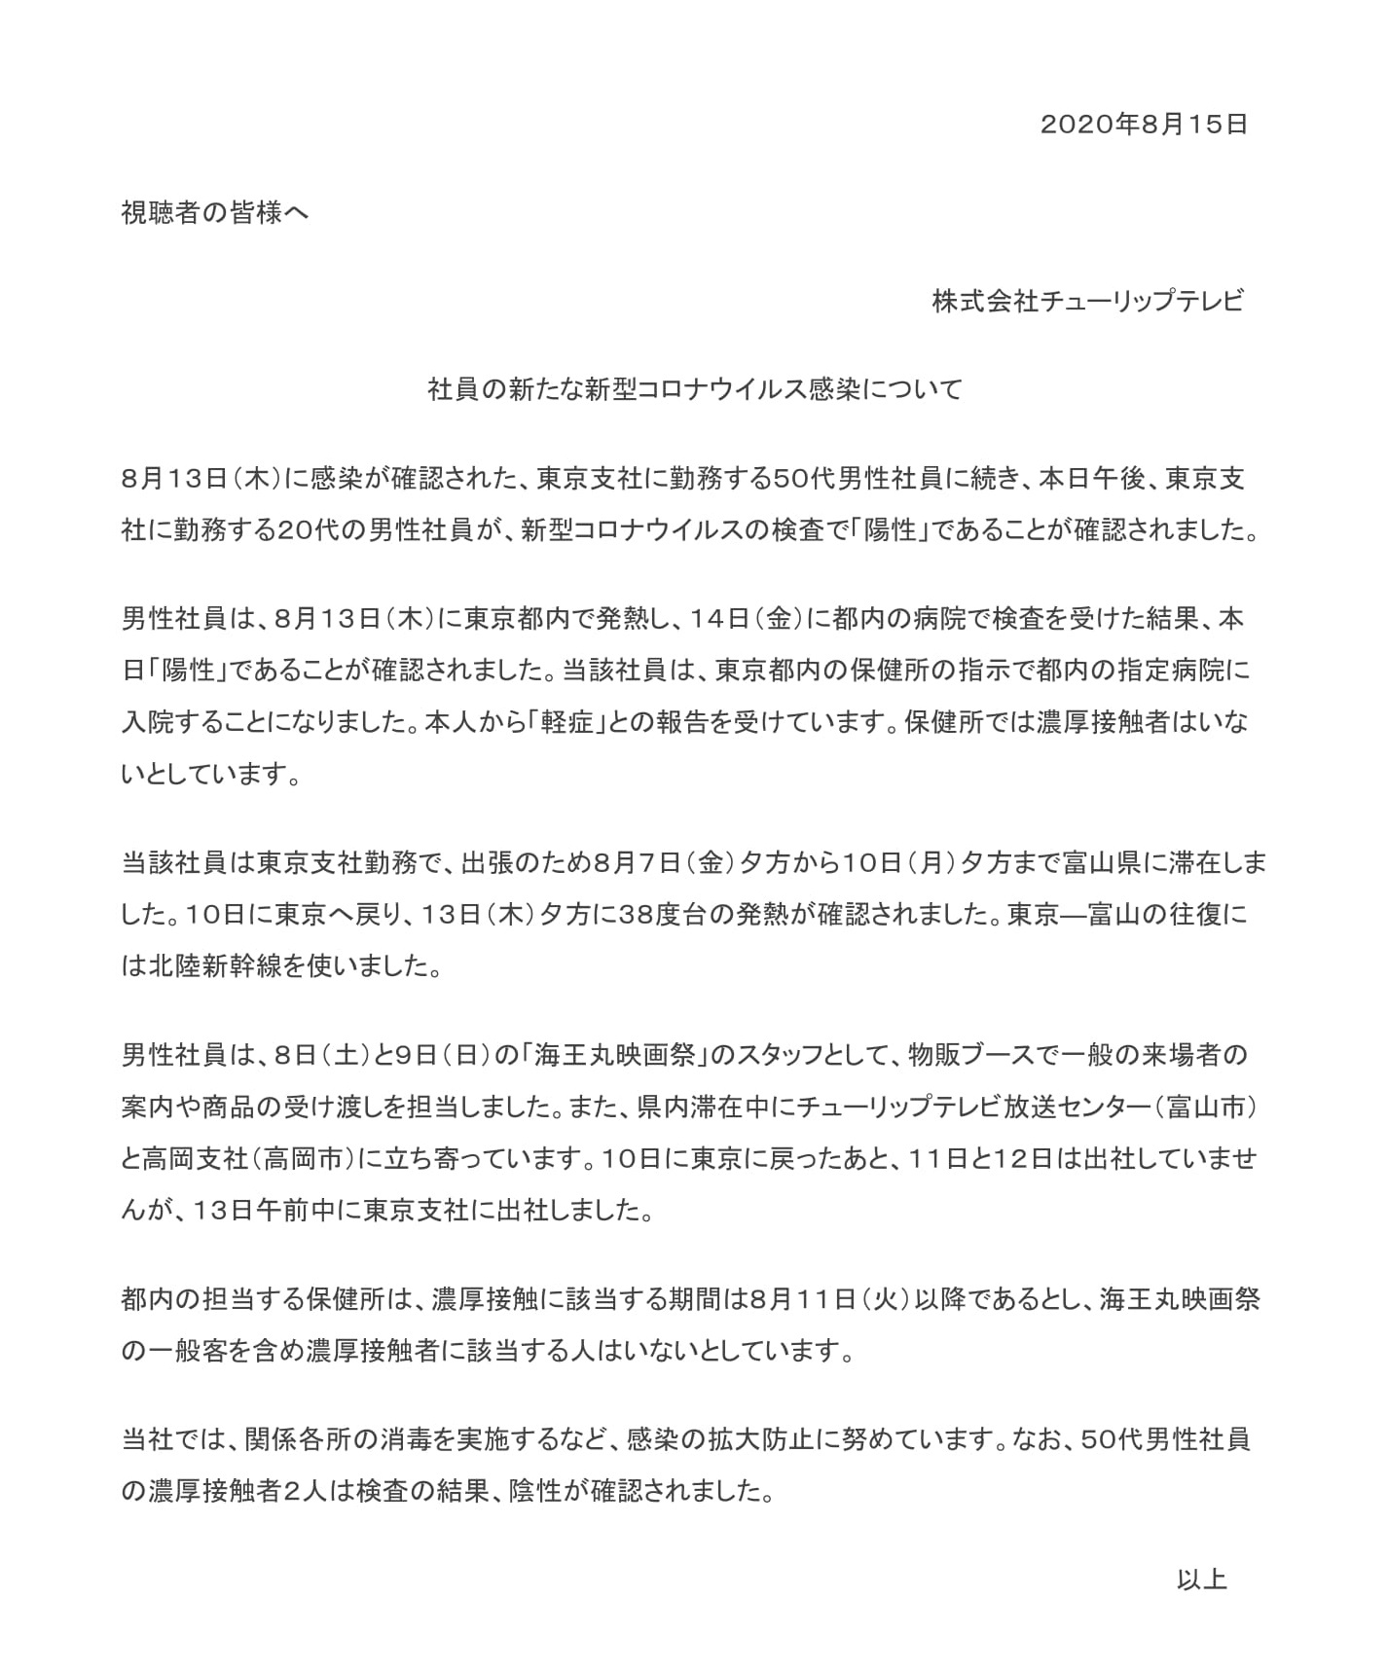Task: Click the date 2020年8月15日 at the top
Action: pyautogui.click(x=1144, y=124)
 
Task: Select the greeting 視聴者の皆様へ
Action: pyautogui.click(x=215, y=212)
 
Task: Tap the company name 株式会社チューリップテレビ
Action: pyautogui.click(x=1087, y=301)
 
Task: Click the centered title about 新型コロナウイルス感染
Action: pyautogui.click(x=695, y=389)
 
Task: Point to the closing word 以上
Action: pyautogui.click(x=1201, y=1579)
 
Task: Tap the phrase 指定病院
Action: pyautogui.click(x=1172, y=672)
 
